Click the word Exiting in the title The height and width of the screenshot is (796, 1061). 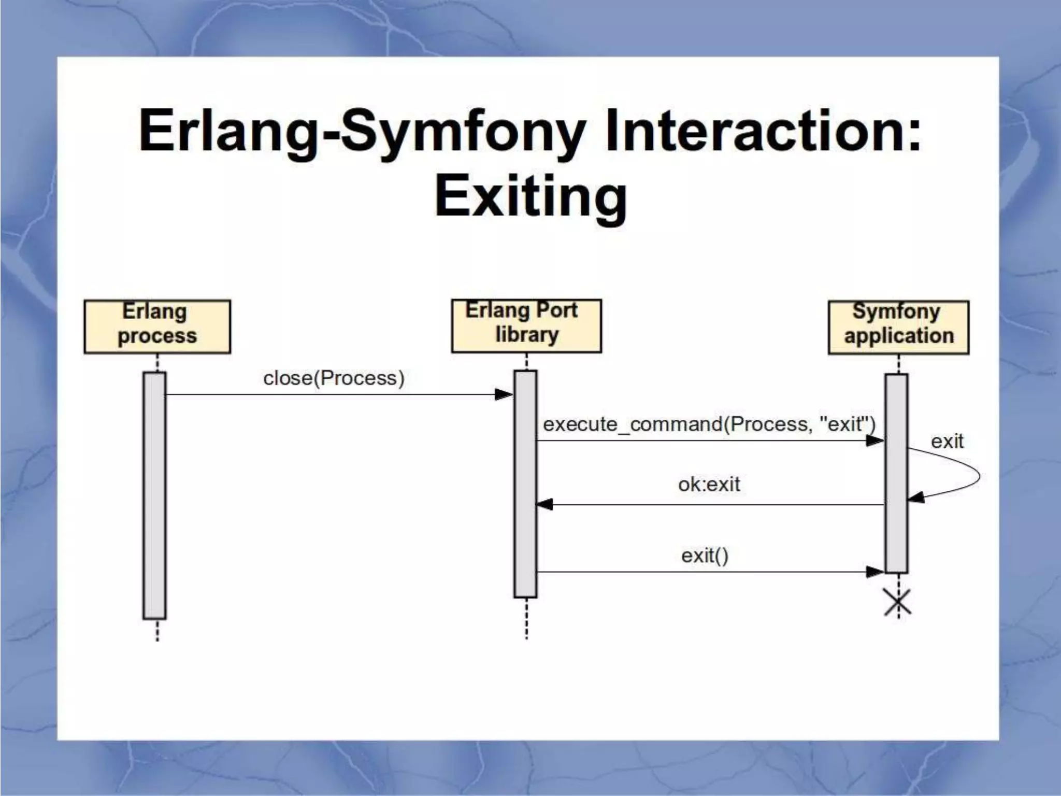coord(530,197)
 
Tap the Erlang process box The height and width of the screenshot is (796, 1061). coord(157,326)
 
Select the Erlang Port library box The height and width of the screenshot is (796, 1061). coord(526,325)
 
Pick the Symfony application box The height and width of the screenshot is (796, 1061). coord(898,327)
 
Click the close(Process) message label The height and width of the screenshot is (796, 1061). coord(334,378)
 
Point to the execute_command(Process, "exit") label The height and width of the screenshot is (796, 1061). coord(709,424)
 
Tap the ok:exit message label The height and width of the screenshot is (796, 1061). coord(709,485)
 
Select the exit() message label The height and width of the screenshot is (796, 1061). coord(705,556)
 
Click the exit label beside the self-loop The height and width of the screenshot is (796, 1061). coord(947,442)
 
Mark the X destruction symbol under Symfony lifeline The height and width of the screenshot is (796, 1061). coord(898,603)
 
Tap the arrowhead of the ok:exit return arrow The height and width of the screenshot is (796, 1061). coord(545,504)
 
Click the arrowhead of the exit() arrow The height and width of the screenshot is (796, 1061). coord(875,572)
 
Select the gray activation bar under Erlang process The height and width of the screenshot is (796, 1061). coord(154,495)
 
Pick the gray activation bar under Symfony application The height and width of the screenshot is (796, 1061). coord(896,473)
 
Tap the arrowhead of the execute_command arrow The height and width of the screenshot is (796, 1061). coord(875,441)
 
